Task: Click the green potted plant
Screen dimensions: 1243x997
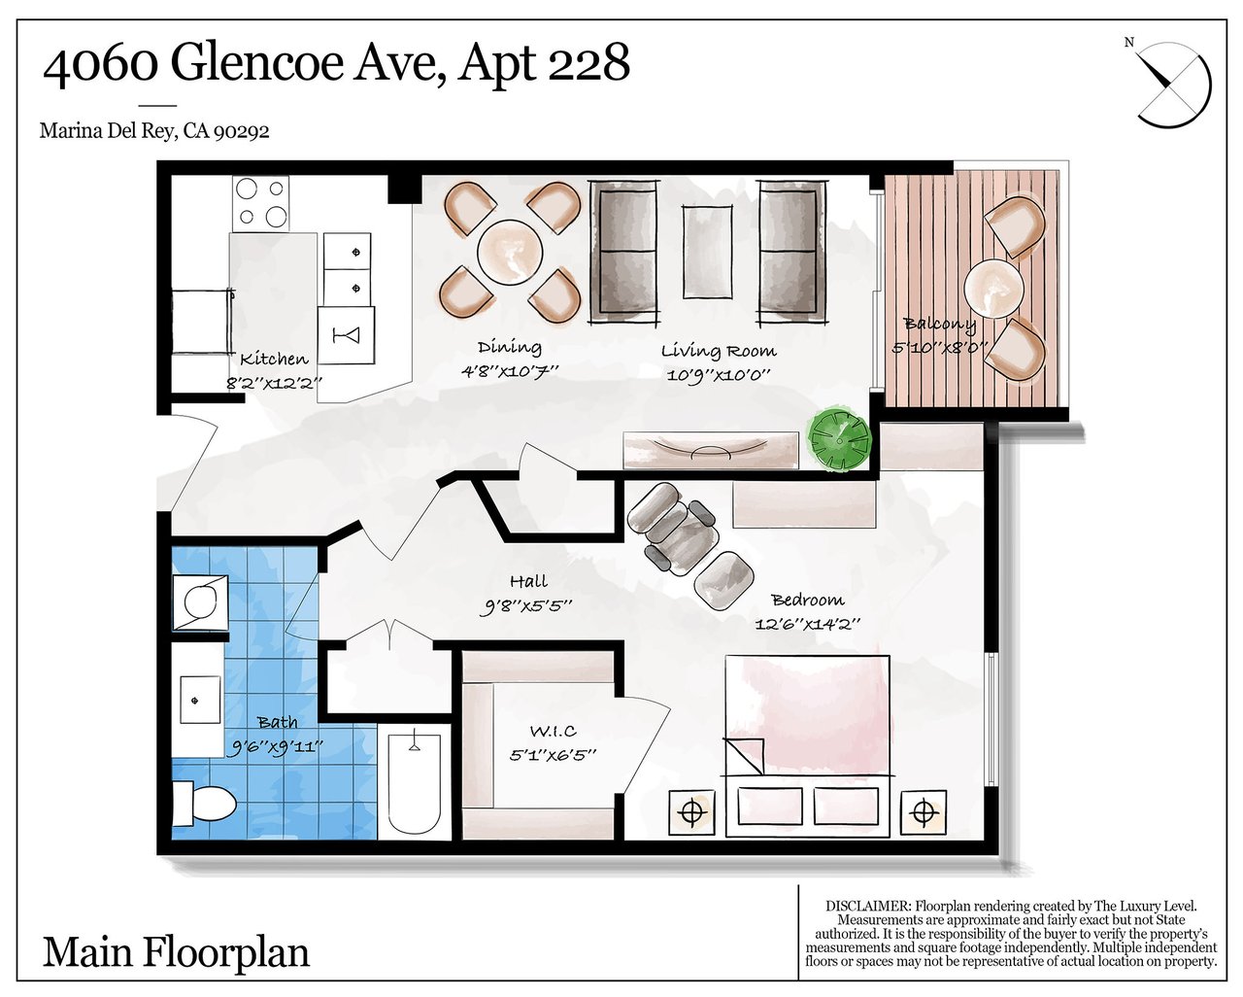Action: pos(838,440)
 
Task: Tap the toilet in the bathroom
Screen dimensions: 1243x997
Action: pos(204,804)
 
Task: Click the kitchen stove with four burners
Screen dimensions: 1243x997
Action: pos(260,203)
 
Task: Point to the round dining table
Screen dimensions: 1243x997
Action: pos(510,252)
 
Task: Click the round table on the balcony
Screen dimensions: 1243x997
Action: pos(993,288)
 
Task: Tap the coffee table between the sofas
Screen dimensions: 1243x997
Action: pos(708,252)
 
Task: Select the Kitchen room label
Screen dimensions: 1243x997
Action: pos(274,359)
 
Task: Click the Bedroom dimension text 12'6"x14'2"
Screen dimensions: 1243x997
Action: pos(808,624)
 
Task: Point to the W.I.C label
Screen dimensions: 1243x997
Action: pos(553,731)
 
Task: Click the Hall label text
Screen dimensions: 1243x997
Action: pos(528,580)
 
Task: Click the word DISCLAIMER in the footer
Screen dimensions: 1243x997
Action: pos(867,906)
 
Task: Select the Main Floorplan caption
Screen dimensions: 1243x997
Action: pos(176,953)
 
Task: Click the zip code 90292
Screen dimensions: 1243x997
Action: pos(242,132)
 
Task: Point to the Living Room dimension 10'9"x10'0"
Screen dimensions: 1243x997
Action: pos(719,374)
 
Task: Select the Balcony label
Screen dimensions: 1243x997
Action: pos(939,325)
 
